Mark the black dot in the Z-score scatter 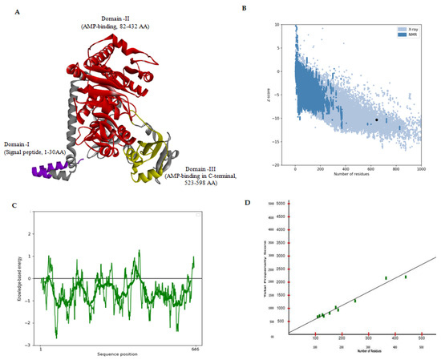pyautogui.click(x=377, y=119)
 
